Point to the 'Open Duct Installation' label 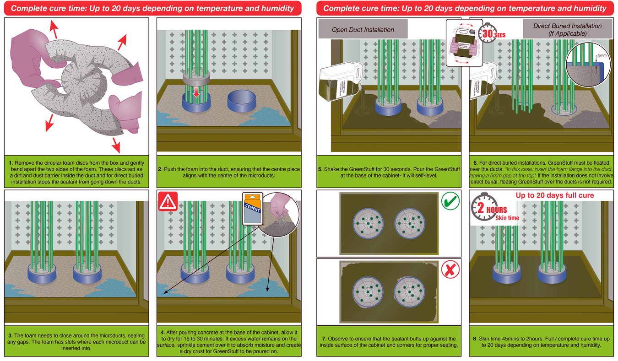pos(363,30)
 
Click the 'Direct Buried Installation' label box pos(567,30)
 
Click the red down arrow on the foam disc pos(196,92)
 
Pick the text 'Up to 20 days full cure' pos(555,196)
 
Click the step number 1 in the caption pos(10,163)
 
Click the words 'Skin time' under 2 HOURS pos(507,218)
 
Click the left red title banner pos(152,8)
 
